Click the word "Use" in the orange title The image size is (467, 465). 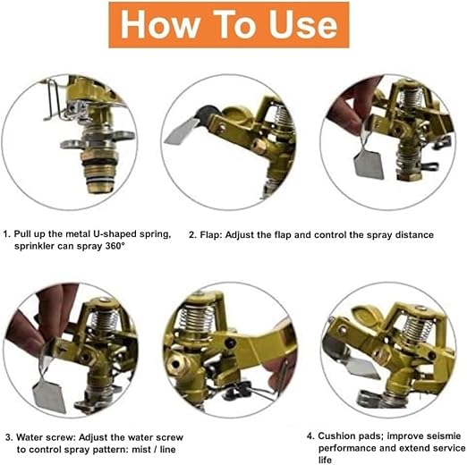(x=303, y=25)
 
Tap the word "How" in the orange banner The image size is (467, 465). (x=159, y=25)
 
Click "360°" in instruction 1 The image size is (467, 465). (x=115, y=246)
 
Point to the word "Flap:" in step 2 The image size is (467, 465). (x=211, y=235)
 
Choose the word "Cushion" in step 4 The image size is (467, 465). (x=336, y=436)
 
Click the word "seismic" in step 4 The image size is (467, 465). (x=444, y=436)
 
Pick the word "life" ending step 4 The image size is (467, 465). (x=325, y=460)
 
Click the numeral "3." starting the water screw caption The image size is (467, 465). (x=9, y=437)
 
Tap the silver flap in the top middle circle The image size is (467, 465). (x=181, y=132)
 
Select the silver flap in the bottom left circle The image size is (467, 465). (x=49, y=395)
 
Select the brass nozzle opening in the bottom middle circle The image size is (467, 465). (x=176, y=364)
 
